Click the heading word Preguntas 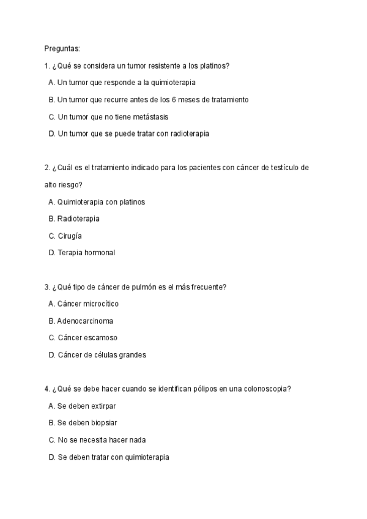[x=62, y=48]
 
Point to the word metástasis [x=148, y=116]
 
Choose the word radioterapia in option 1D [x=187, y=133]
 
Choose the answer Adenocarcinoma [x=85, y=321]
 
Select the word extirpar [x=102, y=406]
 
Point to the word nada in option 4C [x=137, y=440]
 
